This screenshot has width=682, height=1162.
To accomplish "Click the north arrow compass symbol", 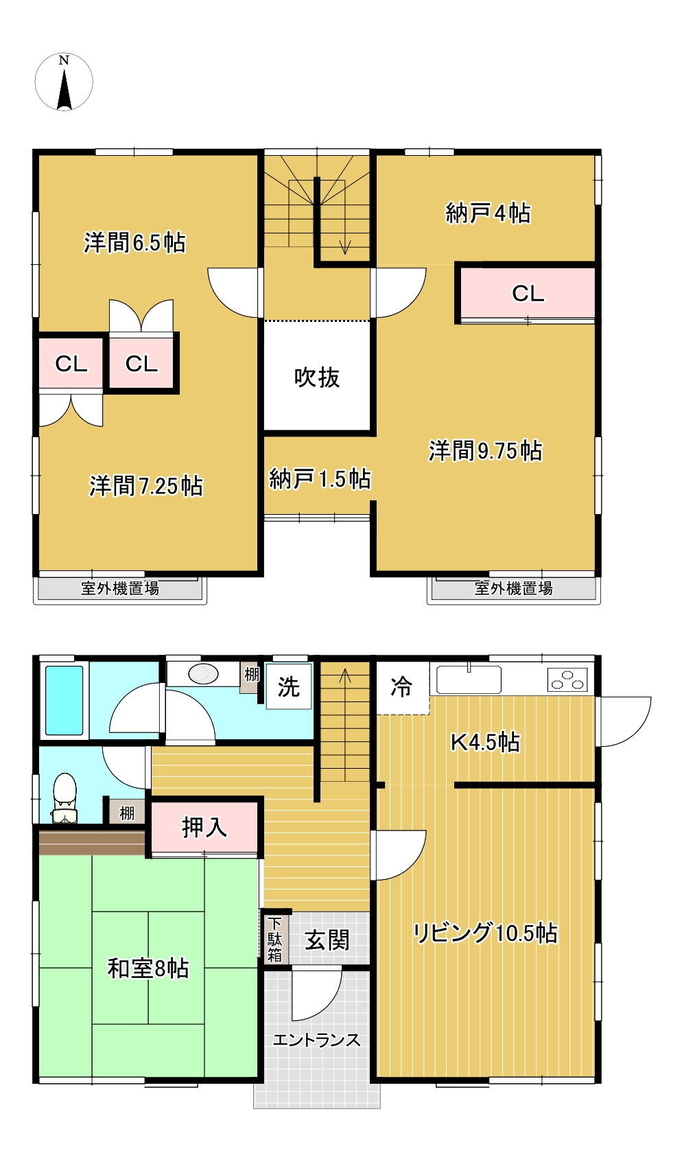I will click(64, 82).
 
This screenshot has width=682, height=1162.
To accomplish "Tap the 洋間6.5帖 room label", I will click(134, 242).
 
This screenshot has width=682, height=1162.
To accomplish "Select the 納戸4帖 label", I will click(488, 213).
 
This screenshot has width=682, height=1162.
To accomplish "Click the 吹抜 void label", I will click(316, 377).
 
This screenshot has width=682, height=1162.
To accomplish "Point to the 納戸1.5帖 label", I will click(320, 478).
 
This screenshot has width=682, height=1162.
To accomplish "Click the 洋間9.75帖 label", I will click(485, 451).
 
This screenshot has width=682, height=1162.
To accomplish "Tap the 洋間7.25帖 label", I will click(145, 486).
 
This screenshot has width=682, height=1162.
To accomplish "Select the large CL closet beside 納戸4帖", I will click(527, 294).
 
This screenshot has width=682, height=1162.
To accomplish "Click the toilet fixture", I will click(64, 798).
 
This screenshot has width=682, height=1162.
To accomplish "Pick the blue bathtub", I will click(64, 700).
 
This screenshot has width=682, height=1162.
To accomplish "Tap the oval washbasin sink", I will click(203, 674).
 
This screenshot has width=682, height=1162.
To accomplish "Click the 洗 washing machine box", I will click(289, 686).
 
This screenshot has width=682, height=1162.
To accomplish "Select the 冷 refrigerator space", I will click(401, 687).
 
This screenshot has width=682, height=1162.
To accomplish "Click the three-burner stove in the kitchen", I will click(567, 679).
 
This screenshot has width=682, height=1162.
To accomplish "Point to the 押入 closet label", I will click(204, 827).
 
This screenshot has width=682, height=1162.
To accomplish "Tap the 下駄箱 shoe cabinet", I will click(274, 939).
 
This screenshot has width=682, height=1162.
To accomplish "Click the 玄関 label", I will click(327, 940).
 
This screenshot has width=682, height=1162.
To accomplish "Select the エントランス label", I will click(316, 1040).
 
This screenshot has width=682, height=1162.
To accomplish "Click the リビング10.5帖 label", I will click(484, 933).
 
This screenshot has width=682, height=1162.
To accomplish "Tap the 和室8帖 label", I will click(148, 968).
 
